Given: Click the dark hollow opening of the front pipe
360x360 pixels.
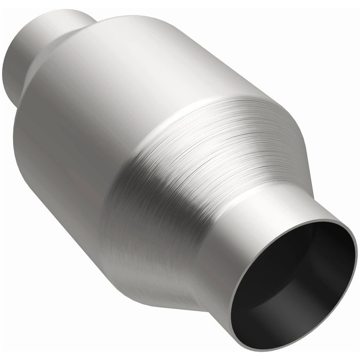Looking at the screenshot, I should (293, 288).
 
